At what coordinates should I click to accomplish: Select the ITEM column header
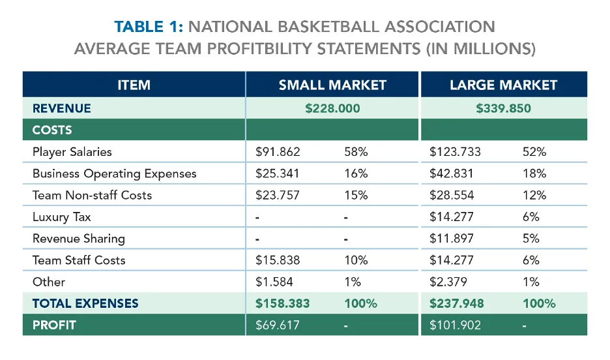[134, 85]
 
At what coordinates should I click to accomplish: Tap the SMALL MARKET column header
[332, 85]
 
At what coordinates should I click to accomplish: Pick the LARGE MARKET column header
[503, 85]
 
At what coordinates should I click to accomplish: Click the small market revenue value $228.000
[332, 108]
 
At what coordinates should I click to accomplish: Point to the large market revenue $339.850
[503, 108]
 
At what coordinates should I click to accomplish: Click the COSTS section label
[52, 130]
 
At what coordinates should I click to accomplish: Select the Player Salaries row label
[72, 152]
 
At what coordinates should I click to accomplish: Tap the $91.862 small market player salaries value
[278, 152]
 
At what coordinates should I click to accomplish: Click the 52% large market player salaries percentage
[534, 152]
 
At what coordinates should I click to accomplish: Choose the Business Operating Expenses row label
[114, 173]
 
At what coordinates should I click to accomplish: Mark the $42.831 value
[452, 173]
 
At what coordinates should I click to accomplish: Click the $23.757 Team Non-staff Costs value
[278, 195]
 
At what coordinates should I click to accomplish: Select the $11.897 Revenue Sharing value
[452, 238]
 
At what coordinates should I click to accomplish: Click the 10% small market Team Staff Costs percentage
[356, 260]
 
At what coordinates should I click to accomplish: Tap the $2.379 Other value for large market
[448, 282]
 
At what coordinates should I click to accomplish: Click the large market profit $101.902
[455, 324]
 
